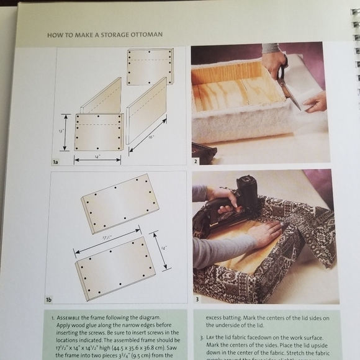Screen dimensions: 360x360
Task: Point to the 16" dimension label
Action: (151, 135)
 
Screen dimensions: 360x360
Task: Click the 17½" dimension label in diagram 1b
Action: (107, 238)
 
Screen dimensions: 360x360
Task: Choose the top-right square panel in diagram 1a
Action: (150, 66)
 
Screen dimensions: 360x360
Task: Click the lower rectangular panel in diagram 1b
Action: (115, 268)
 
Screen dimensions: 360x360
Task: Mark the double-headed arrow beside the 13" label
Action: (65, 132)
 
